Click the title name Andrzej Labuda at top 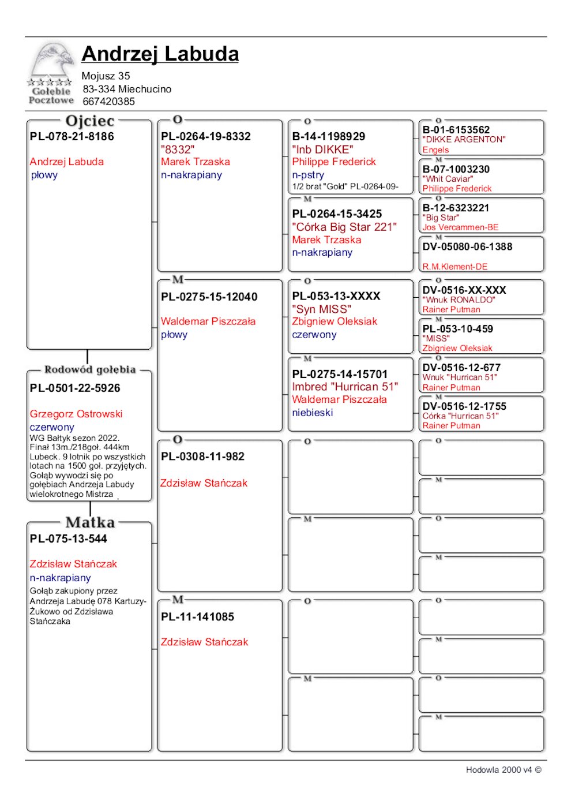(x=160, y=54)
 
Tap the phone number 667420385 (x=108, y=102)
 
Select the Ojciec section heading (x=90, y=121)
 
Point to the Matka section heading (x=90, y=522)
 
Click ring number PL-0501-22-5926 (x=75, y=388)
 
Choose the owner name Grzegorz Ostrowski (x=76, y=414)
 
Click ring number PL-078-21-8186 (x=72, y=137)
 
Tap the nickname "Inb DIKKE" (x=322, y=149)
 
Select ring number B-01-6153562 (x=456, y=130)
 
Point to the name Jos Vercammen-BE (x=460, y=227)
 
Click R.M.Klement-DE (x=455, y=267)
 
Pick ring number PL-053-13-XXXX (x=336, y=296)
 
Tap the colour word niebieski (x=313, y=413)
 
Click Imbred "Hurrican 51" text (x=345, y=387)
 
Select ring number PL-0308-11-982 (x=202, y=457)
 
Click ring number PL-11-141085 (x=197, y=617)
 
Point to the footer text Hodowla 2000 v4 (x=499, y=770)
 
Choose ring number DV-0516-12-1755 (x=464, y=406)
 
